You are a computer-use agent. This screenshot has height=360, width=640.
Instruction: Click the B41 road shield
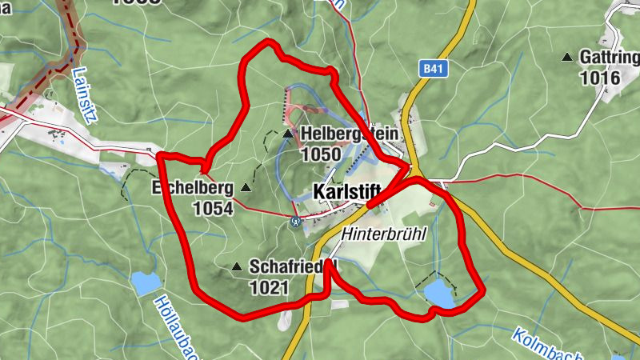433,70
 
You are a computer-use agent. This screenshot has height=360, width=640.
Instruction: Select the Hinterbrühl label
383,234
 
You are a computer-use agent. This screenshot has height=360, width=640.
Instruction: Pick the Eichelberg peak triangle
246,188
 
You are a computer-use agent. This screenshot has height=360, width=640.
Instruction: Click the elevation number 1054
212,209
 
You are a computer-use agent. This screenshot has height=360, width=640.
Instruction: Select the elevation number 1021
270,287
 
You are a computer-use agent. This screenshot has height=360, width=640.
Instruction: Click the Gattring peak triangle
567,57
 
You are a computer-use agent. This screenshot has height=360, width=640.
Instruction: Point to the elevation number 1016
601,78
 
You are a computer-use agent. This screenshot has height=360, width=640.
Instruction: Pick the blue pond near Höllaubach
146,282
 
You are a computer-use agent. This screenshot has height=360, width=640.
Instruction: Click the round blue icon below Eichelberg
295,222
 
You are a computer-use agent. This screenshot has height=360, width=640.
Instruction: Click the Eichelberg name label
192,189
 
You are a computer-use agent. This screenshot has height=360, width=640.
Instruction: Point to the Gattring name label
610,58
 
